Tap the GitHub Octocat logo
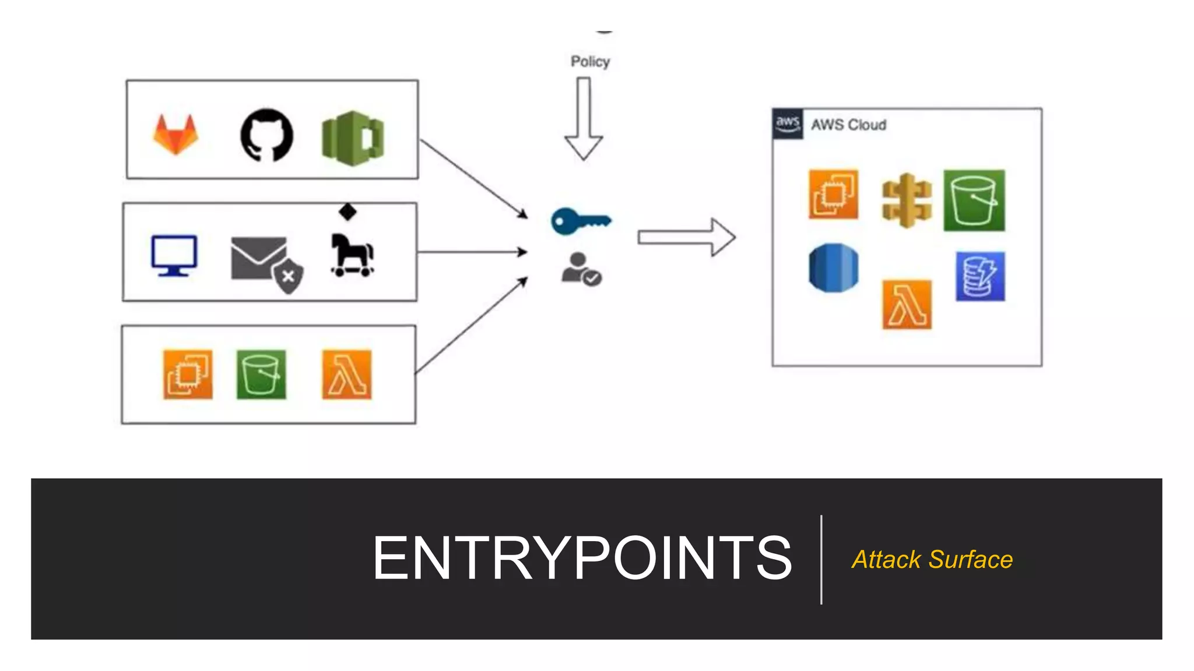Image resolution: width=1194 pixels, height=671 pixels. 267,135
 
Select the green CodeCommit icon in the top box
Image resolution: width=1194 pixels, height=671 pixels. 352,138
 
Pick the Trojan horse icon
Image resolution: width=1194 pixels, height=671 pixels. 352,255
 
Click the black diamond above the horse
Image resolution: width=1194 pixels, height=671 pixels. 347,211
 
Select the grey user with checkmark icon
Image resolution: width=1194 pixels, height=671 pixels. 581,269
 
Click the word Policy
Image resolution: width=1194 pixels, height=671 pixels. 590,62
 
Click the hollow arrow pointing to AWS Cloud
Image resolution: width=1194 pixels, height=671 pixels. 686,237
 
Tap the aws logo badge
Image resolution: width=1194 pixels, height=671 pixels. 788,123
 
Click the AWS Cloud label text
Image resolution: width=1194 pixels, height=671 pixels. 848,125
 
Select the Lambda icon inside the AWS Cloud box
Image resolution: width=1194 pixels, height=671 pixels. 907,305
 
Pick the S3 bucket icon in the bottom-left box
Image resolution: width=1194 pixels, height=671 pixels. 261,375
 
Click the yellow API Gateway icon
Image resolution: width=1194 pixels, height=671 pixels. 907,200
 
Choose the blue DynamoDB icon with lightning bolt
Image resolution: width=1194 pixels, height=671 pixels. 980,276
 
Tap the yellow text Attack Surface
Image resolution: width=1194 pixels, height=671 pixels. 932,560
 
